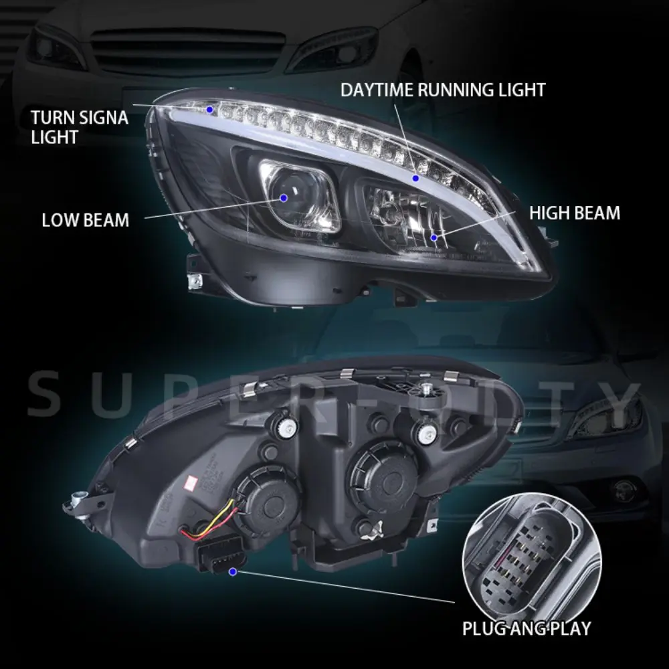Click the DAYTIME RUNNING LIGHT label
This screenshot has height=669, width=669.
coord(443,90)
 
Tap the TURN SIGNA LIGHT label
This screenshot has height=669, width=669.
coord(79,128)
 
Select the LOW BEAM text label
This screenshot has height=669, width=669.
coord(85,220)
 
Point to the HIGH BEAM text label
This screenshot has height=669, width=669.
coord(575,213)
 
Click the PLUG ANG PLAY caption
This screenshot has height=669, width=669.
coord(527,628)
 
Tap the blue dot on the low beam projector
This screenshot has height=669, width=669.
coord(284,197)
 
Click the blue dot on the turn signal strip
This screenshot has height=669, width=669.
coord(209,108)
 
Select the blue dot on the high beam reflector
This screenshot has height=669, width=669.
coord(434,237)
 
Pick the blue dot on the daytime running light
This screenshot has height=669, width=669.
coord(415,178)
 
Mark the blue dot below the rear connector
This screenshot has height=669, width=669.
coord(232,571)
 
